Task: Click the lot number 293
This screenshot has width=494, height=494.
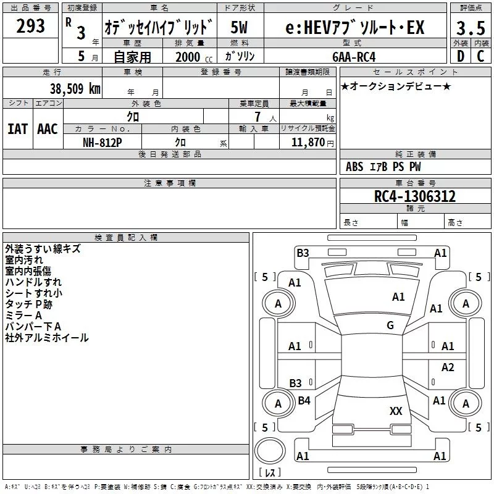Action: coord(31,26)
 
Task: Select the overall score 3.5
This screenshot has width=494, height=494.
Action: coord(470,28)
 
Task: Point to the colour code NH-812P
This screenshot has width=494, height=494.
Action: coord(103,141)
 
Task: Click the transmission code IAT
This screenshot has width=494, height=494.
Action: coord(17,128)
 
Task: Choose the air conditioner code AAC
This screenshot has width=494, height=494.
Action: coord(48,128)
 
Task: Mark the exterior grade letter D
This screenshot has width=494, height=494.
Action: coord(460,56)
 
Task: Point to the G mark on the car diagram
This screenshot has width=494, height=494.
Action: coord(390,325)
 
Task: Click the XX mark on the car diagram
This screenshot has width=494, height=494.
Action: coord(396,411)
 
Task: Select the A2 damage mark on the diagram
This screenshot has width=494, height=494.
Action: coord(448,367)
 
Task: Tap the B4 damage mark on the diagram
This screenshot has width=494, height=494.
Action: coord(304,401)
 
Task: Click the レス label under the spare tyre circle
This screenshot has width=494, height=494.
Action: coord(270,473)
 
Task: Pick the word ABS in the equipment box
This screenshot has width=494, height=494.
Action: coord(354,167)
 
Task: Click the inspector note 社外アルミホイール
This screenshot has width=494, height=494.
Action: coord(46,338)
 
